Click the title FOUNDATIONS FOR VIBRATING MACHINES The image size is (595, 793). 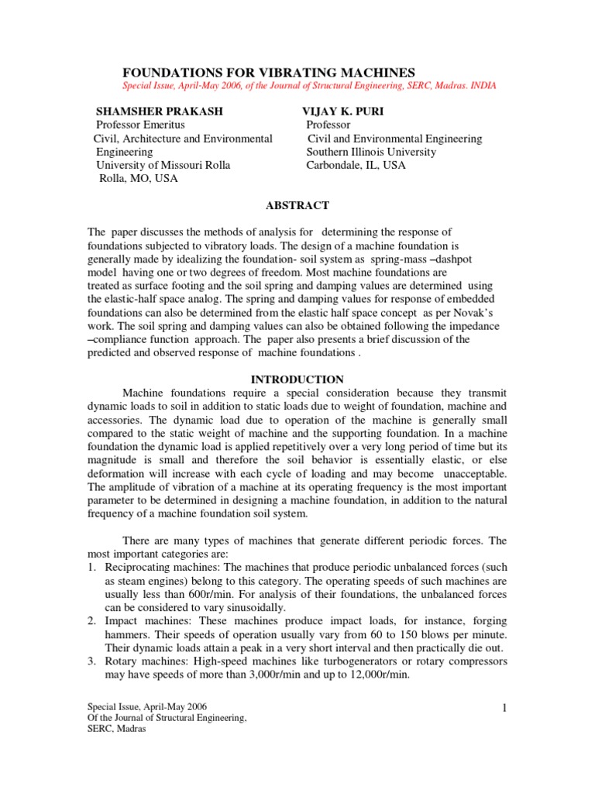(272, 71)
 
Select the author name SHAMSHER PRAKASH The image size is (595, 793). (159, 111)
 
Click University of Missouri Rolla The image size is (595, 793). (163, 165)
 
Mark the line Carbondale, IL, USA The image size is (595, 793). (356, 165)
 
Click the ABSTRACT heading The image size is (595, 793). (297, 205)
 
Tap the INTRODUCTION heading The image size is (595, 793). (297, 379)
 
